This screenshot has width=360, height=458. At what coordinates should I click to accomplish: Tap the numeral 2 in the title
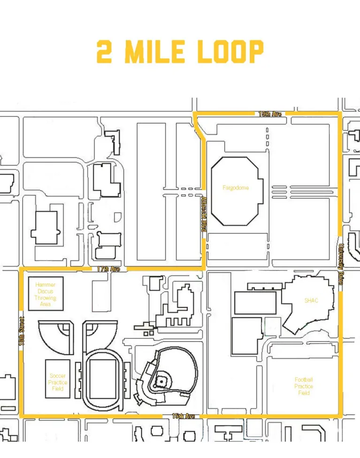[x=104, y=52]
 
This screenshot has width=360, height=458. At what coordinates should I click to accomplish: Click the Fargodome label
[x=236, y=188]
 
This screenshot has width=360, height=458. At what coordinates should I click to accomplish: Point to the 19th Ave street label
[x=270, y=114]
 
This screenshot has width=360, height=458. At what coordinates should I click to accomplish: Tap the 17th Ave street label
[x=108, y=269]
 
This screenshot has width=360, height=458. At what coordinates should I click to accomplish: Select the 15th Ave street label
[x=183, y=416]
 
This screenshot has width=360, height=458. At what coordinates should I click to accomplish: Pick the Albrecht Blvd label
[x=204, y=214]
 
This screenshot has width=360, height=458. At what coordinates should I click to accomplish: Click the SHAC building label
[x=311, y=300]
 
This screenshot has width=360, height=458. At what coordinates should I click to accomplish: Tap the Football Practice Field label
[x=304, y=386]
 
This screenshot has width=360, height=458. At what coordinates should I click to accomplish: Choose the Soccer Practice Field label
[x=58, y=382]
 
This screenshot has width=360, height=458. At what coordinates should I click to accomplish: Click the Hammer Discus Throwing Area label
[x=45, y=295]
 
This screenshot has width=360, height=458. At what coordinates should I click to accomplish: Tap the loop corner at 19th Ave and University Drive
[x=340, y=113]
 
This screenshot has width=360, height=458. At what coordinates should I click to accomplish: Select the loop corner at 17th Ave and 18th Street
[x=21, y=269]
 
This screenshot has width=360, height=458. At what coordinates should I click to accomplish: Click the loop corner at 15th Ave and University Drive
[x=340, y=416]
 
